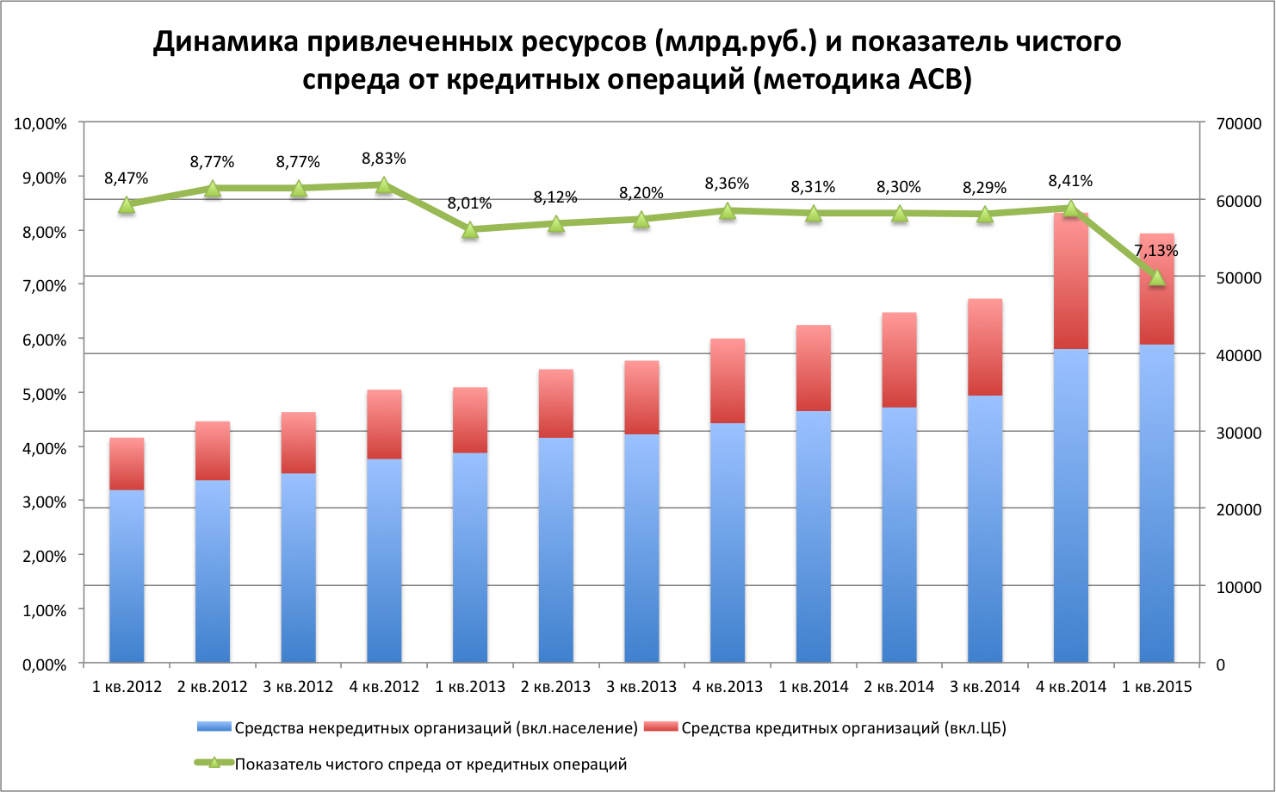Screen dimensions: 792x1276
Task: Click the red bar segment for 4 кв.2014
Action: coord(1070,281)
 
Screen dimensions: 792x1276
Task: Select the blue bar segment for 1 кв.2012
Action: coord(127,576)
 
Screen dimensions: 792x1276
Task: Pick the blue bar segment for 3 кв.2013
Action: coord(641,547)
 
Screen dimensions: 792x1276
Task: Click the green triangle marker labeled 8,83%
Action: coord(384,184)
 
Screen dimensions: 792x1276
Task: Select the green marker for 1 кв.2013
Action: coord(470,230)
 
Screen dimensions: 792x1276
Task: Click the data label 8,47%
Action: coord(127,178)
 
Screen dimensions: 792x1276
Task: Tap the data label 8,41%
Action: coord(1070,181)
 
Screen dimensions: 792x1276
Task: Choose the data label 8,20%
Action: coord(641,193)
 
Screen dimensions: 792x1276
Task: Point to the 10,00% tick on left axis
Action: coord(40,123)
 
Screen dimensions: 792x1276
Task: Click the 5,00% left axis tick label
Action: coord(40,394)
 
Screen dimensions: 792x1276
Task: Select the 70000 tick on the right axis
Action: coord(1238,123)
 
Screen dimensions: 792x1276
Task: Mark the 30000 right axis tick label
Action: coord(1238,433)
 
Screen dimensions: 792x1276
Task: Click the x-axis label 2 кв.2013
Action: coord(555,687)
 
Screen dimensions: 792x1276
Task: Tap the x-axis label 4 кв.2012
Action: coord(384,687)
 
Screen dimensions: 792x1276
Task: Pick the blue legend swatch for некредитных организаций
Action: coord(214,728)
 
